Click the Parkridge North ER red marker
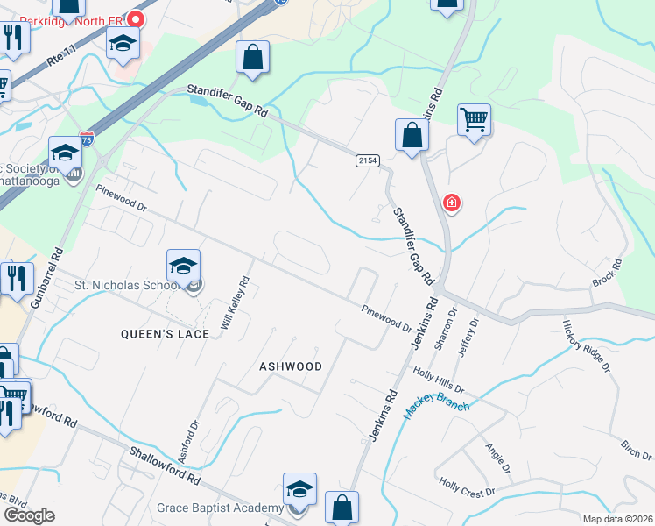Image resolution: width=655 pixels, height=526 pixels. coord(136,18)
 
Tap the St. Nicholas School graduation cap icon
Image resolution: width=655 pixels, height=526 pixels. coord(184,266)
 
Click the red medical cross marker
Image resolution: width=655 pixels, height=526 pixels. coord(451,203)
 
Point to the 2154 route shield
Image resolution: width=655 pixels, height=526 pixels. coord(367,160)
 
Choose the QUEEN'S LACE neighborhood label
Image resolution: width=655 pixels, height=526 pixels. coord(166,334)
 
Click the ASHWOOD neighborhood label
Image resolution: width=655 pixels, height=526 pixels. coord(291,366)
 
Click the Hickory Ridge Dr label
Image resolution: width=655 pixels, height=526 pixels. coord(586,345)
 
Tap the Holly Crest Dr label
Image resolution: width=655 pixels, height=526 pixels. coord(468,487)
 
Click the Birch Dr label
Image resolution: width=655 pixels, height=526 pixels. coord(636,451)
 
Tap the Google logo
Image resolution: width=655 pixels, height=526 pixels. coord(29,515)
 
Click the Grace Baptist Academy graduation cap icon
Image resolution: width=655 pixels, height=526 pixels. coord(299,489)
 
